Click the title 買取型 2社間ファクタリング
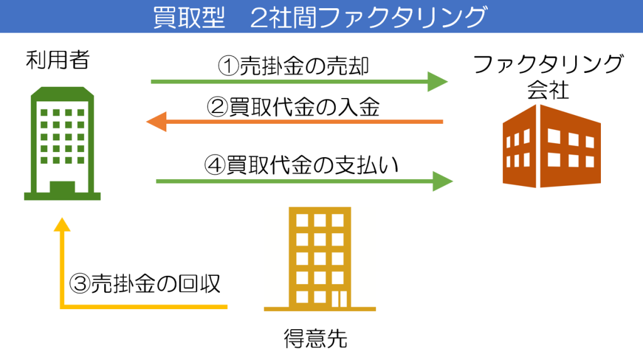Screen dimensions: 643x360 tap(320, 17)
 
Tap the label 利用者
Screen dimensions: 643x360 tap(57, 60)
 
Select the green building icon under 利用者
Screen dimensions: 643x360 tap(62, 143)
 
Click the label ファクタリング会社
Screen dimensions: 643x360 tap(548, 77)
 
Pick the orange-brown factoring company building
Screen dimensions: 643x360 tap(551, 146)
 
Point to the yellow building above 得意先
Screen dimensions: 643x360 tap(320, 259)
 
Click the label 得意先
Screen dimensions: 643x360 tap(315, 339)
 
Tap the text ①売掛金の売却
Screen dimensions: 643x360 tap(293, 66)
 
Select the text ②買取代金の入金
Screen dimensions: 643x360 tap(293, 107)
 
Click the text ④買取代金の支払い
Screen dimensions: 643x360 tap(301, 165)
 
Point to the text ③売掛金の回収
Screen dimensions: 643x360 tap(145, 283)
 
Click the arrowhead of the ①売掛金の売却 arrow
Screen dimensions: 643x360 tap(438, 81)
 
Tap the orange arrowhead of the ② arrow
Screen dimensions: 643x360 tap(156, 121)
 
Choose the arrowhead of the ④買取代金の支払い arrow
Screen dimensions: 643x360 tap(443, 181)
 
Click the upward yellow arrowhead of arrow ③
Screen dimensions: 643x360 tap(62, 224)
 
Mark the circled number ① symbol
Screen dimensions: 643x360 tap(228, 66)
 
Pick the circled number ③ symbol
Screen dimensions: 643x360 tap(80, 283)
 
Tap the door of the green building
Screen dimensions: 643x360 tap(62, 187)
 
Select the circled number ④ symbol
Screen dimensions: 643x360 tap(215, 165)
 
